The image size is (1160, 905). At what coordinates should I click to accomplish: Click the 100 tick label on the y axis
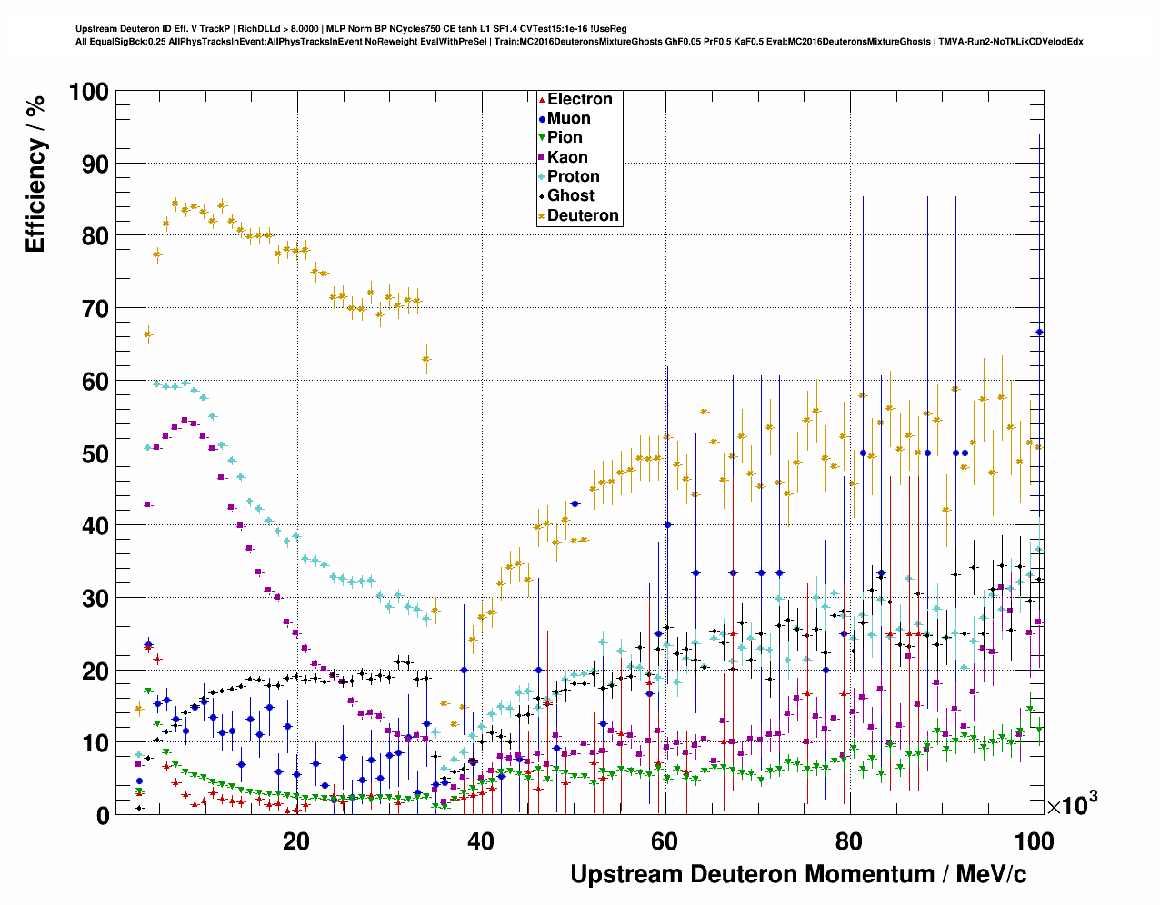coord(88,92)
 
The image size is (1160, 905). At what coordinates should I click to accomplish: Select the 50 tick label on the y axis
coord(94,453)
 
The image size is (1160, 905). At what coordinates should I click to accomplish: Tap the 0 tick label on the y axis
coord(102,815)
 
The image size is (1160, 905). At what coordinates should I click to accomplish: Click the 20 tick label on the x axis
coord(296,841)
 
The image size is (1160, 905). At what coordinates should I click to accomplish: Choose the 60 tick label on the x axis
coord(665,841)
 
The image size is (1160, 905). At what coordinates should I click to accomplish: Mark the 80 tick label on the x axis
coord(849,841)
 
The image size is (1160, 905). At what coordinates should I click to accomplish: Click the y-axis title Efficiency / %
coord(35,174)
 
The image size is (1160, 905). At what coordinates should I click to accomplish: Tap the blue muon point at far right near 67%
coord(1040,333)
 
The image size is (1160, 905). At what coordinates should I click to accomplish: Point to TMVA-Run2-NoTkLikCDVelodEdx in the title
coord(1010,42)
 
